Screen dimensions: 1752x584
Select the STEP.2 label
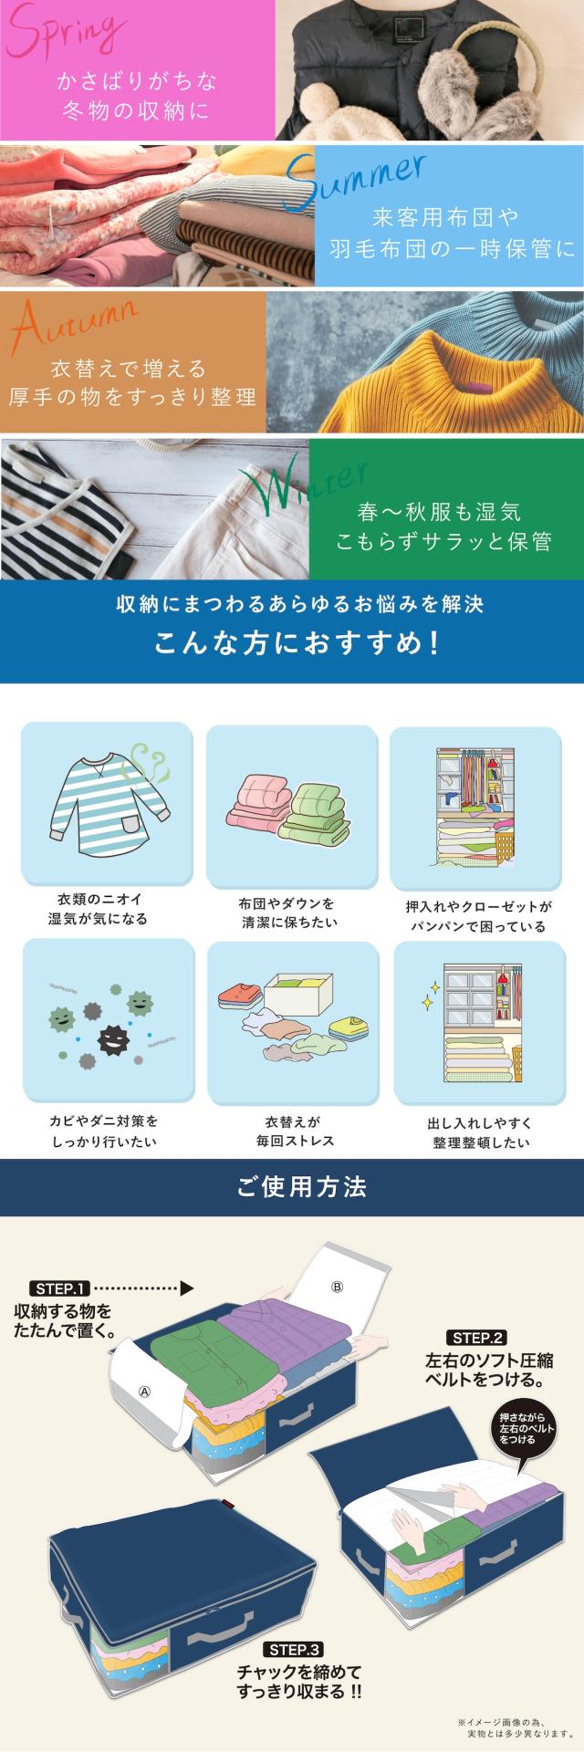coord(477,1339)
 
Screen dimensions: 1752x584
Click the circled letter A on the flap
coord(144,1392)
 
